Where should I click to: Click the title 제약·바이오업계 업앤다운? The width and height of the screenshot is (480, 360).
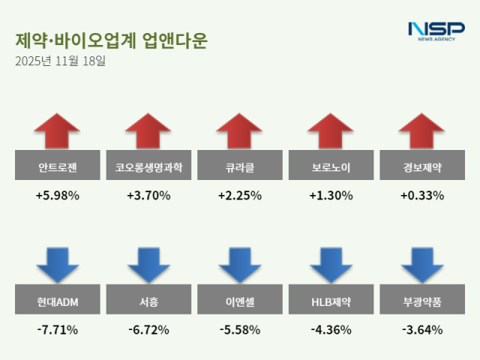pos(111,40)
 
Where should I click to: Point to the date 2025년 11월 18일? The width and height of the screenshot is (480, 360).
pos(61,61)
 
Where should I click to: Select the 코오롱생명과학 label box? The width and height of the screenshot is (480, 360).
pos(148,166)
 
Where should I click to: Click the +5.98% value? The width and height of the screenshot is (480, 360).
pos(57,196)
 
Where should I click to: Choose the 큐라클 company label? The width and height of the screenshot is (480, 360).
pos(240,166)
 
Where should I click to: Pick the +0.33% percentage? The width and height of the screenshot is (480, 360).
pos(422,196)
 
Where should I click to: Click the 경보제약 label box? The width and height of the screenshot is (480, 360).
pos(422,166)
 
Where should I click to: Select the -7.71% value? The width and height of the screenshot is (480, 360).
pos(57,329)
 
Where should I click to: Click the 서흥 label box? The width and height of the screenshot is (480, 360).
pos(148,302)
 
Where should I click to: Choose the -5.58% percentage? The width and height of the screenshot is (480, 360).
pos(240,329)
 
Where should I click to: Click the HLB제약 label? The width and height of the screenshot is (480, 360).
pos(331,302)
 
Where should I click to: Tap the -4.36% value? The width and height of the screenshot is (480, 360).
pos(331,329)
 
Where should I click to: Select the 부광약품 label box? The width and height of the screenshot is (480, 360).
pos(422,302)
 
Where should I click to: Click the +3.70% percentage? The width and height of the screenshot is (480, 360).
pos(148,196)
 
